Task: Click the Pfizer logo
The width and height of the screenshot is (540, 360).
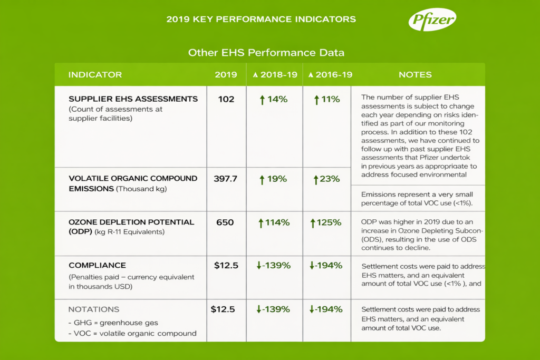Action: pos(432,21)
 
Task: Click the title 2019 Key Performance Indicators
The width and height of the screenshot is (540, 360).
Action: pos(261,20)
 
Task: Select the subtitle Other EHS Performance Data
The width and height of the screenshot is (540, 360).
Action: pos(266,53)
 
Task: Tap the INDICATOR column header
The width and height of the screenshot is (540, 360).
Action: pos(95,75)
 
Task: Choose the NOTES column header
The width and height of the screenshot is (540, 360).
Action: pos(415,75)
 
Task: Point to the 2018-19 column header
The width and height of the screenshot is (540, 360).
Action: pos(275,75)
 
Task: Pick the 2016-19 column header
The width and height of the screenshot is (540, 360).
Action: pos(327,75)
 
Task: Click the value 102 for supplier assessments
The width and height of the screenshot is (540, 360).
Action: pos(226,99)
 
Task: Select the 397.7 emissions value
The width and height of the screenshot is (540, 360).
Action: pos(226,179)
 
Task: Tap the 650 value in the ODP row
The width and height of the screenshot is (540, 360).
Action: pos(226,222)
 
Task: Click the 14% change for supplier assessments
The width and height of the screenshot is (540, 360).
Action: pos(273,99)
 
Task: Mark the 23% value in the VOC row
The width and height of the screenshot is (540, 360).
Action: pos(326,179)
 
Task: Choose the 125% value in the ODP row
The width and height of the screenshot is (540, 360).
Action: pos(326,222)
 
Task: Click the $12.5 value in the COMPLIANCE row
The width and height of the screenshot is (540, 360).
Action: pos(226,266)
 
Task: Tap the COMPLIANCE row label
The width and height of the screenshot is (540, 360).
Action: pos(97,266)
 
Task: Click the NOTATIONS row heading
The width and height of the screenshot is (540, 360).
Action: pos(94,309)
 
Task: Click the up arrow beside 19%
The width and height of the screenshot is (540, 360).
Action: pos(262,179)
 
